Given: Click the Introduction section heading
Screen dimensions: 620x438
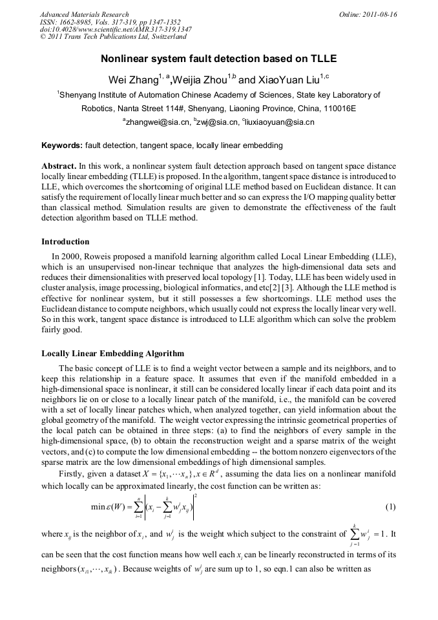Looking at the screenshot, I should pyautogui.click(x=65, y=242).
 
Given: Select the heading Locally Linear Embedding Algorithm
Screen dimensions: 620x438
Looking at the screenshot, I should pyautogui.click(x=112, y=354).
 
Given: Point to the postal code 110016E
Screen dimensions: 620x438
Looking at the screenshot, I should pyautogui.click(x=339, y=108).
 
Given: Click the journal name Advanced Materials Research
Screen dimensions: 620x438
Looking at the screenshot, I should pyautogui.click(x=84, y=14).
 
